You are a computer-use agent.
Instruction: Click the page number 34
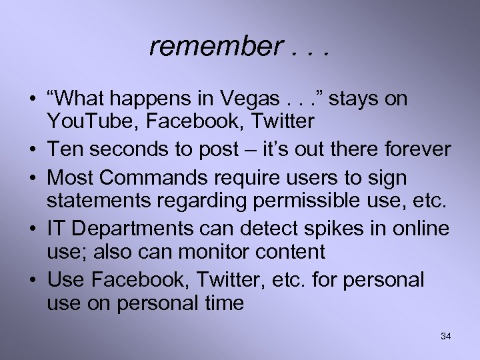(x=445, y=337)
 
